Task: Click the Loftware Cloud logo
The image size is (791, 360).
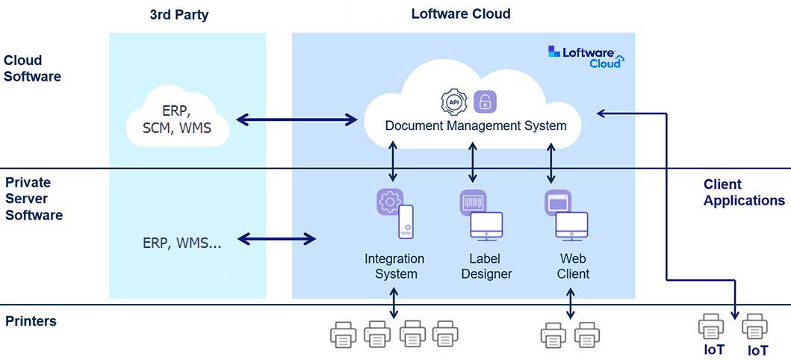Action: [x=586, y=57]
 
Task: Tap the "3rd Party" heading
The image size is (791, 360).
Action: [x=179, y=15]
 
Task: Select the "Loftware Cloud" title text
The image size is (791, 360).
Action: [x=461, y=13]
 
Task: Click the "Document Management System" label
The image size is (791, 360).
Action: [x=476, y=125]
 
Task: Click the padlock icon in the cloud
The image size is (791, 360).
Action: [x=486, y=102]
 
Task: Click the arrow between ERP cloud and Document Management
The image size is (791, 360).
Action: [x=297, y=119]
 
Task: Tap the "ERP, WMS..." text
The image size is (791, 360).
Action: [x=182, y=241]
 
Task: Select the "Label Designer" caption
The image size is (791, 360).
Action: [x=486, y=266]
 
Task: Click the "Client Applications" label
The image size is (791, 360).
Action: [x=744, y=192]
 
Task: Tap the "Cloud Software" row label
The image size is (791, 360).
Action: [x=32, y=68]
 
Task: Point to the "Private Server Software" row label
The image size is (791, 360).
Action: [x=34, y=199]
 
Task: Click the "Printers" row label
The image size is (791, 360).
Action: [x=31, y=321]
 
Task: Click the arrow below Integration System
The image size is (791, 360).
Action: [x=394, y=302]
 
